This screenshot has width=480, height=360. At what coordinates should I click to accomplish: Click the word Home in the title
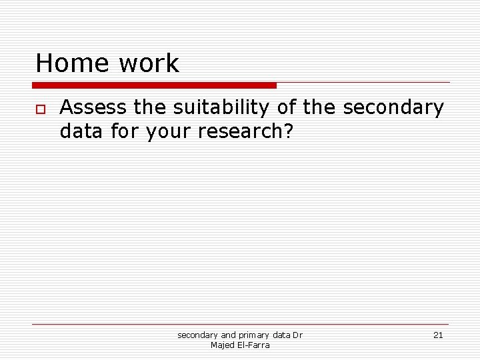72,63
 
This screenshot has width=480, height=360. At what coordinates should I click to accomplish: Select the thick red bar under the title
154,85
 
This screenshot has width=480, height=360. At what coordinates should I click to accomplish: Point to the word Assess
93,107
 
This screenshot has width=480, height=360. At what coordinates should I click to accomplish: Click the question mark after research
288,131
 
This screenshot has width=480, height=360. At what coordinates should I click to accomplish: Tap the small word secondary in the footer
197,335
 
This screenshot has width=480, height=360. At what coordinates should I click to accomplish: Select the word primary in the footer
255,335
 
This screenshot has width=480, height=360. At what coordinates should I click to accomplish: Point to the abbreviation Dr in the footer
297,335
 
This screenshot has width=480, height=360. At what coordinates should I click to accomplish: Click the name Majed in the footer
221,345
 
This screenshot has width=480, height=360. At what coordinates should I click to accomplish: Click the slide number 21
438,335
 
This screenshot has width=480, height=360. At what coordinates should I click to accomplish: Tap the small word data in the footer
281,335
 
